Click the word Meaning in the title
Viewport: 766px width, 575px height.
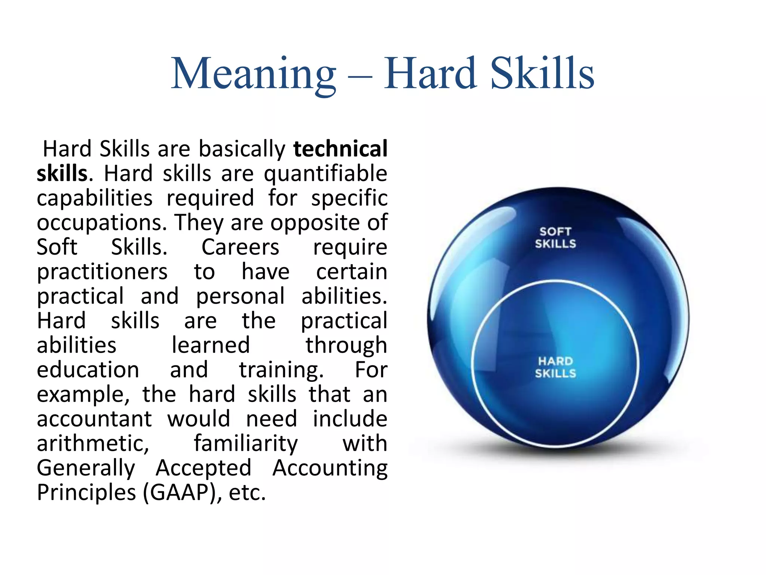click(254, 74)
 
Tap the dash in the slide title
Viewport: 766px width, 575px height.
click(360, 78)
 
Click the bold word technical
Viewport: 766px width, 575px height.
click(340, 149)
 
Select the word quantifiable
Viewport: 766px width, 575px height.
click(325, 174)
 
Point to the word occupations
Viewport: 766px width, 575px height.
click(101, 223)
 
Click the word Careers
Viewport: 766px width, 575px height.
click(240, 247)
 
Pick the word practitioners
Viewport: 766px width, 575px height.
click(102, 272)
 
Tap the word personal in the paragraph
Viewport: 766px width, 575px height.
click(240, 296)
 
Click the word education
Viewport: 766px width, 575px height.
click(88, 369)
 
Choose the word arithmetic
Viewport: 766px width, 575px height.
click(93, 444)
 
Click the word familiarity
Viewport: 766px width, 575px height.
click(246, 444)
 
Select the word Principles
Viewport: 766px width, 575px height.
click(86, 492)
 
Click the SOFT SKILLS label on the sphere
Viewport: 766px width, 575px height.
click(555, 238)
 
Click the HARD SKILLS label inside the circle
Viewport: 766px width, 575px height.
click(555, 367)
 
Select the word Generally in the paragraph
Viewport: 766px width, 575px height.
click(86, 468)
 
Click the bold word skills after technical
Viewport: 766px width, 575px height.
click(62, 173)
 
